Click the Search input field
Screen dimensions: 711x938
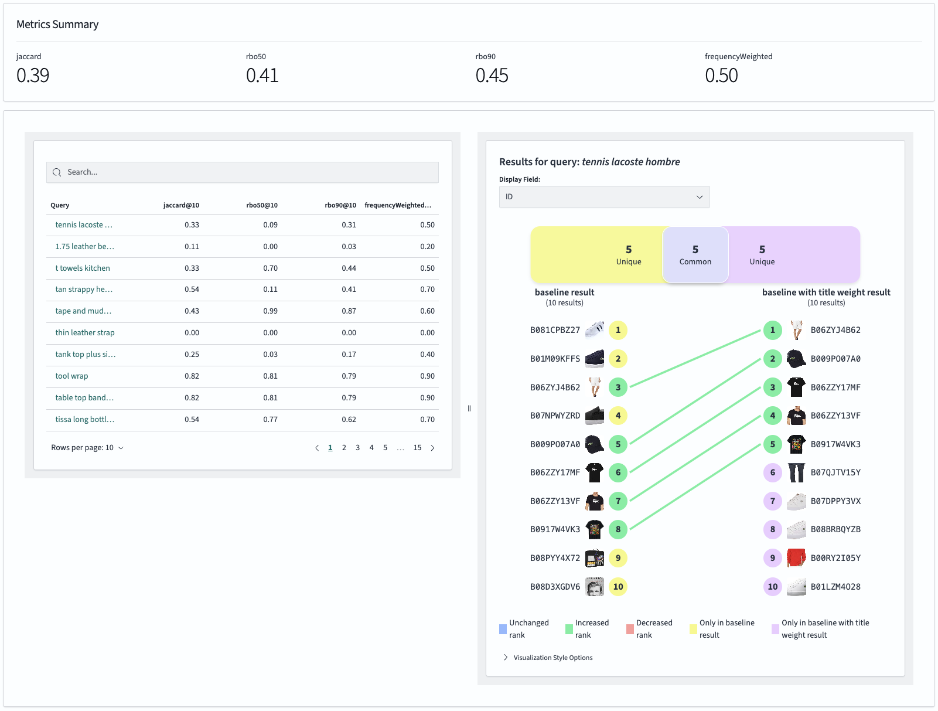[x=243, y=172]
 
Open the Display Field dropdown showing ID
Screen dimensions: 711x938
[x=604, y=197]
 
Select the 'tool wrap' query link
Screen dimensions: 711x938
[x=71, y=376]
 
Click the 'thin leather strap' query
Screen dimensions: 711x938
[x=85, y=333]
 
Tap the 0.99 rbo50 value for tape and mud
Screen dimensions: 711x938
[x=270, y=311]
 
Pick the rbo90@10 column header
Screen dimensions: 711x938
[x=340, y=206]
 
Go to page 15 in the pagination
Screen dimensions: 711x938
[x=417, y=448]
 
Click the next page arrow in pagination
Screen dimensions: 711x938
[x=433, y=448]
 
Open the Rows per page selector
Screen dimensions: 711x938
[x=87, y=448]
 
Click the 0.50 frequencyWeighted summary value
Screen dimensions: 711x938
[x=721, y=76]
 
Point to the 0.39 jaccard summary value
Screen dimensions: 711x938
[x=33, y=76]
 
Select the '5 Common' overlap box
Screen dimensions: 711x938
[x=695, y=255]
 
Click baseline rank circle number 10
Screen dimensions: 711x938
[x=618, y=587]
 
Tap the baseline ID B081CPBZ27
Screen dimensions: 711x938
[x=555, y=331]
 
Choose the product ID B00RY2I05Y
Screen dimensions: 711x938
[x=835, y=559]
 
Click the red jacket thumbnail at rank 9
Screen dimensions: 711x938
[x=796, y=558]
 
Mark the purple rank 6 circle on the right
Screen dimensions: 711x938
[x=773, y=472]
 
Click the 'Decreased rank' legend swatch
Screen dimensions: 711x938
[x=630, y=630]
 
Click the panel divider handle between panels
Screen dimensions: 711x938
[x=469, y=409]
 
